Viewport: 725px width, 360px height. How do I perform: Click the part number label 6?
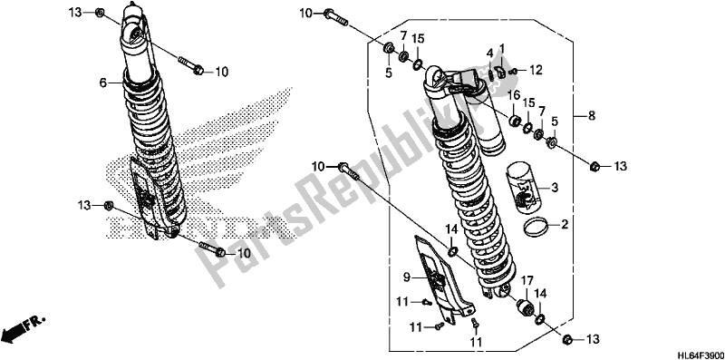pyautogui.click(x=103, y=83)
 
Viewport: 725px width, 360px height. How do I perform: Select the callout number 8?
pyautogui.click(x=592, y=116)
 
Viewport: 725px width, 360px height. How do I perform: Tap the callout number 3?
pyautogui.click(x=555, y=188)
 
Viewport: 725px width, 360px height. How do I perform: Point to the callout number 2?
pyautogui.click(x=564, y=226)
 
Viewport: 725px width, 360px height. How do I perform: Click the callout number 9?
pyautogui.click(x=406, y=277)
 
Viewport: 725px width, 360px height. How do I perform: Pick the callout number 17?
pyautogui.click(x=527, y=280)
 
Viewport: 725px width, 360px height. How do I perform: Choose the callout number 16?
pyautogui.click(x=512, y=96)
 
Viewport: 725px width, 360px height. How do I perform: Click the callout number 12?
pyautogui.click(x=536, y=71)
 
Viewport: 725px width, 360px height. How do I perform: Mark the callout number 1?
pyautogui.click(x=502, y=47)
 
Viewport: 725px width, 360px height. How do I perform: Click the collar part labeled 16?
pyautogui.click(x=514, y=122)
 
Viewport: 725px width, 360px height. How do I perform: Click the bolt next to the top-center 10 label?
pyautogui.click(x=335, y=17)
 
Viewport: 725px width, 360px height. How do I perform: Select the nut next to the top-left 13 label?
pyautogui.click(x=100, y=13)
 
